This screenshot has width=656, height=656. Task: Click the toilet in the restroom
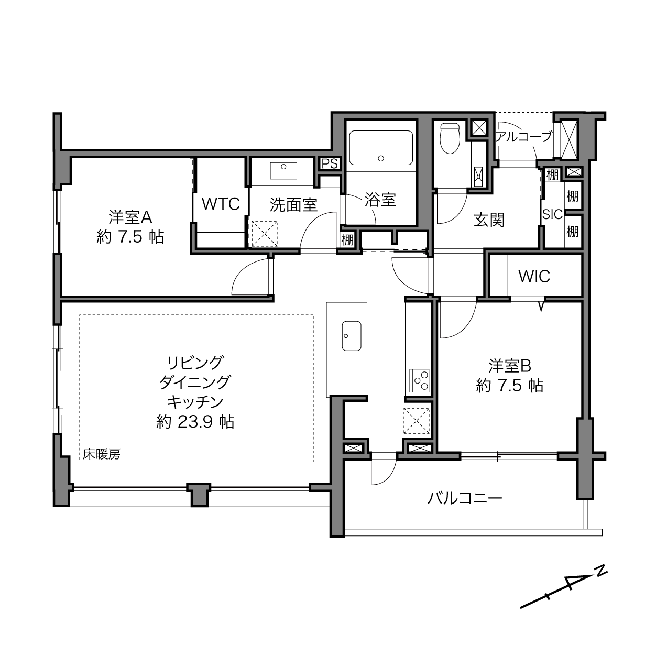click(450, 138)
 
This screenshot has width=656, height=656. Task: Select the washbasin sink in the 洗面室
click(283, 171)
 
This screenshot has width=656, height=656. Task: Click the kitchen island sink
click(352, 336)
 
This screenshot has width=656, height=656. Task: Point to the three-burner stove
click(419, 380)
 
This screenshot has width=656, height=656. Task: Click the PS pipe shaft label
click(330, 164)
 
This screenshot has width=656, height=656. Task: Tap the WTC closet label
click(221, 204)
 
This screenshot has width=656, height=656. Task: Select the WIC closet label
click(534, 277)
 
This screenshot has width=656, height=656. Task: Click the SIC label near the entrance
click(552, 214)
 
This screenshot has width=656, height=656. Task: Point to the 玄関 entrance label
click(489, 220)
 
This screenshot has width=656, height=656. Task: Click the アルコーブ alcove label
click(523, 137)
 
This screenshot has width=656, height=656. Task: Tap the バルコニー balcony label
click(465, 499)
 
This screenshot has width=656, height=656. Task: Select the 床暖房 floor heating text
click(102, 454)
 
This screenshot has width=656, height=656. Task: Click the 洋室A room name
click(130, 217)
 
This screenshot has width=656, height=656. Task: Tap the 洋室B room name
click(510, 366)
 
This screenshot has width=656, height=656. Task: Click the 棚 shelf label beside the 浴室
click(347, 240)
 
